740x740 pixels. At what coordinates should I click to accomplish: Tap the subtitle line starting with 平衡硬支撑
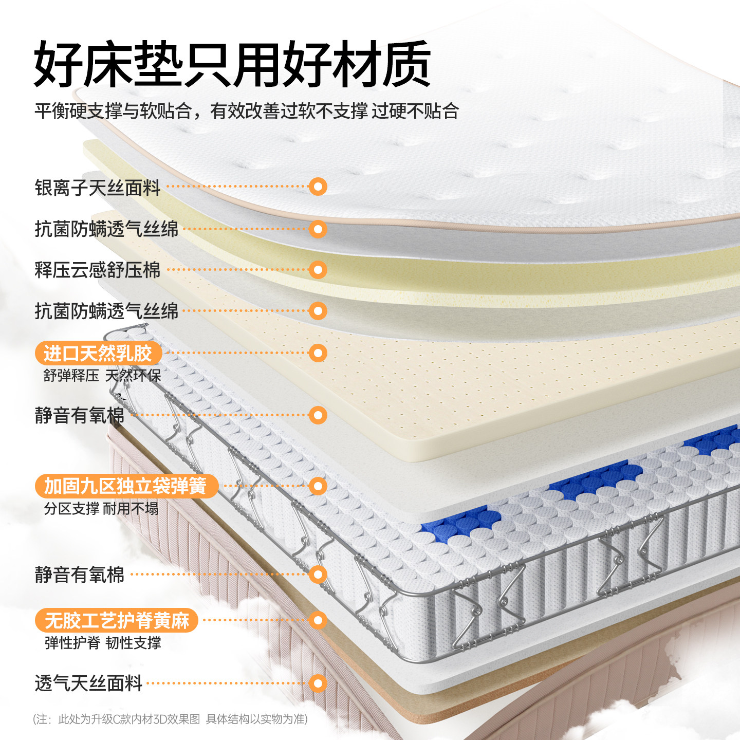[x=247, y=110]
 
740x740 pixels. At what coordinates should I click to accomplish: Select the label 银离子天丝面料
[x=98, y=188]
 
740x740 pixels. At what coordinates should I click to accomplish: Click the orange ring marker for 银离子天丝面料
[x=318, y=187]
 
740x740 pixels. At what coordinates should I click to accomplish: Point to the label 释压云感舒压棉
[x=98, y=270]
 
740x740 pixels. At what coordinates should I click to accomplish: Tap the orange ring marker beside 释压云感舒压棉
[x=318, y=269]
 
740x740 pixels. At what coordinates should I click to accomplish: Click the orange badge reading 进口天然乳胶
[x=98, y=354]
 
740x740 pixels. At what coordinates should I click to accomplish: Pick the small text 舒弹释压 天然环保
[x=102, y=376]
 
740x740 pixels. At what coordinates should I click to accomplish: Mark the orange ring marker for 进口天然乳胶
[x=318, y=353]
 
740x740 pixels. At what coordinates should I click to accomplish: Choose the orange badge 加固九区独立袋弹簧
[x=126, y=486]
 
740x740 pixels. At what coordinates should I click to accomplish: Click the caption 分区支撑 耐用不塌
[x=101, y=509]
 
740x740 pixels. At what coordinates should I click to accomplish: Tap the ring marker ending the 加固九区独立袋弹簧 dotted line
[x=318, y=486]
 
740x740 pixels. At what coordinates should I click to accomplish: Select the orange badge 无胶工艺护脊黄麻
[x=117, y=621]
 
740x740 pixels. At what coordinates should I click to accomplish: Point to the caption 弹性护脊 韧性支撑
[x=103, y=643]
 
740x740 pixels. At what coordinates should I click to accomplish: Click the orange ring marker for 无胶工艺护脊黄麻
[x=318, y=620]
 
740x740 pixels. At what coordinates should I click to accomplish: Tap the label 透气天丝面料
[x=88, y=684]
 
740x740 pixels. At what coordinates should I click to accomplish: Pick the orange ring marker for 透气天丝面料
[x=318, y=683]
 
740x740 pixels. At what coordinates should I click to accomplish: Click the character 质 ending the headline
[x=406, y=64]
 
